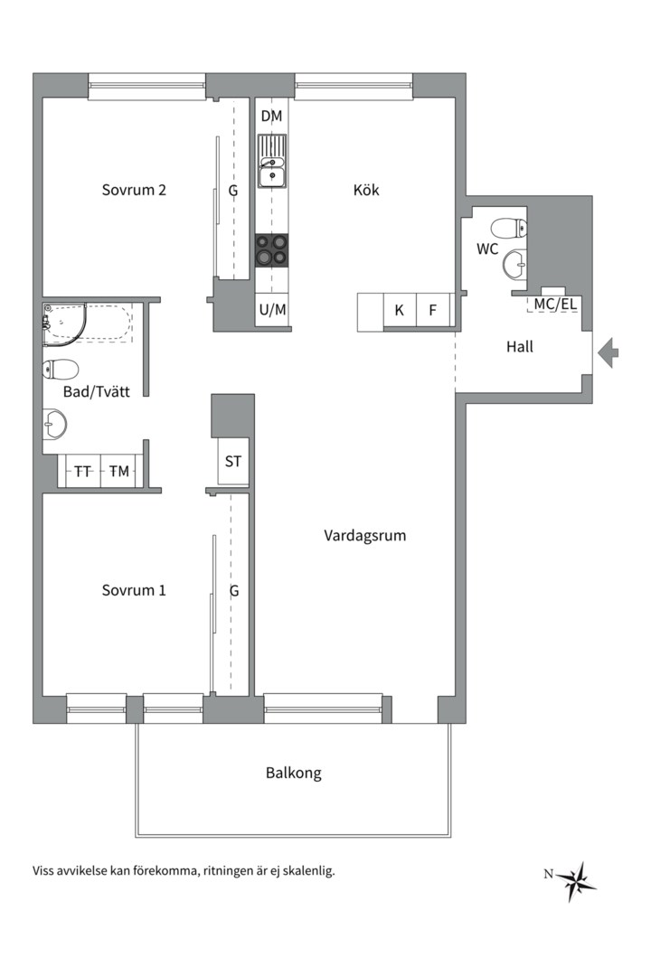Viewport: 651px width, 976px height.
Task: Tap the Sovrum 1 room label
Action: point(133,591)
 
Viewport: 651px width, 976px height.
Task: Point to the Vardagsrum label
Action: point(364,536)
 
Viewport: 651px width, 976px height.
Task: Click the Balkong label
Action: point(293,774)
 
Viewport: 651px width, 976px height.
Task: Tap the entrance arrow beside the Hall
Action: point(608,352)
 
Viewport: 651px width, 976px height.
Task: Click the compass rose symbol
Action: point(575,878)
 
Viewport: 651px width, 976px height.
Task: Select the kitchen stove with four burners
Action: point(272,250)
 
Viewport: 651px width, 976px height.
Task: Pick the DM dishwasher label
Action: point(271,116)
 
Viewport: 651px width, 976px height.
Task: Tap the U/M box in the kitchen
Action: point(272,310)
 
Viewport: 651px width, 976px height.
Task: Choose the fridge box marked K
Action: point(399,311)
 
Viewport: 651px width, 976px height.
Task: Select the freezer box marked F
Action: point(433,311)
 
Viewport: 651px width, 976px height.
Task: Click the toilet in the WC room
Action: point(507,229)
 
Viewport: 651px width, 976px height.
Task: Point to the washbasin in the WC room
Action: point(515,265)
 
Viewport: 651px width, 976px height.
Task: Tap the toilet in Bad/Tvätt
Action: point(61,369)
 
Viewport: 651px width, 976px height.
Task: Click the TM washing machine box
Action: point(118,471)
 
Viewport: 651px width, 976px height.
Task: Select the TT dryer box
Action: point(82,471)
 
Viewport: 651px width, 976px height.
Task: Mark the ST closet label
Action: point(233,462)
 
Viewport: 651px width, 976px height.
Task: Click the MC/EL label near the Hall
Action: point(554,305)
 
